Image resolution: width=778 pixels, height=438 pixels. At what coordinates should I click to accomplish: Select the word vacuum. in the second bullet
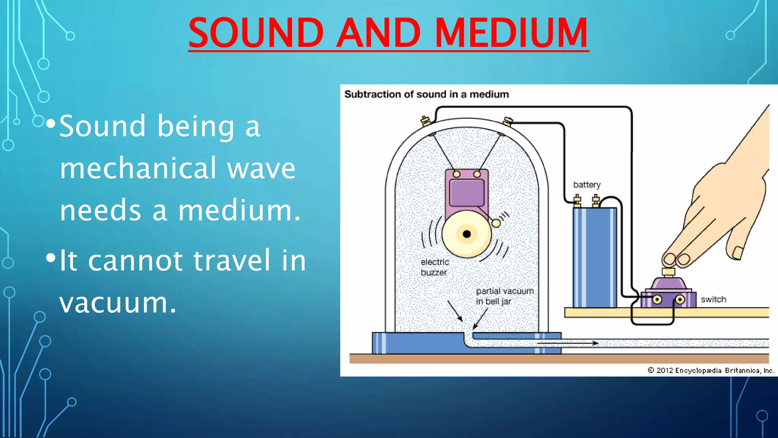point(118,303)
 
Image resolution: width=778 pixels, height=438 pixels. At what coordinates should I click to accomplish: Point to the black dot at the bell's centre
point(467,234)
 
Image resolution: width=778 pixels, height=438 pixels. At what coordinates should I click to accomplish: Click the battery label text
point(587,185)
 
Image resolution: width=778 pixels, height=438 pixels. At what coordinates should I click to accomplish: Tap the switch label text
point(713,300)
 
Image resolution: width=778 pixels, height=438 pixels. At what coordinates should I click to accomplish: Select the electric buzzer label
point(435,267)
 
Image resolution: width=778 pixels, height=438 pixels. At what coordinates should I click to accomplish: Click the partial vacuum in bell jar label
point(504,296)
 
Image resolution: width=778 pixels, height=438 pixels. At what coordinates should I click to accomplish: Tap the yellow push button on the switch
point(668,272)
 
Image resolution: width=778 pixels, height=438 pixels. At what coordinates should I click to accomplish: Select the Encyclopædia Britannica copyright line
point(711,370)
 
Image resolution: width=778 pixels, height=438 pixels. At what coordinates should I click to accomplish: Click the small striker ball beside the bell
point(496,223)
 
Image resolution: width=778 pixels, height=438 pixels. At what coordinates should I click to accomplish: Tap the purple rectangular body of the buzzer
point(466,192)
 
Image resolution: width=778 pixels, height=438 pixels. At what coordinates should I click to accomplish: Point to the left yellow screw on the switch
point(657,300)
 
